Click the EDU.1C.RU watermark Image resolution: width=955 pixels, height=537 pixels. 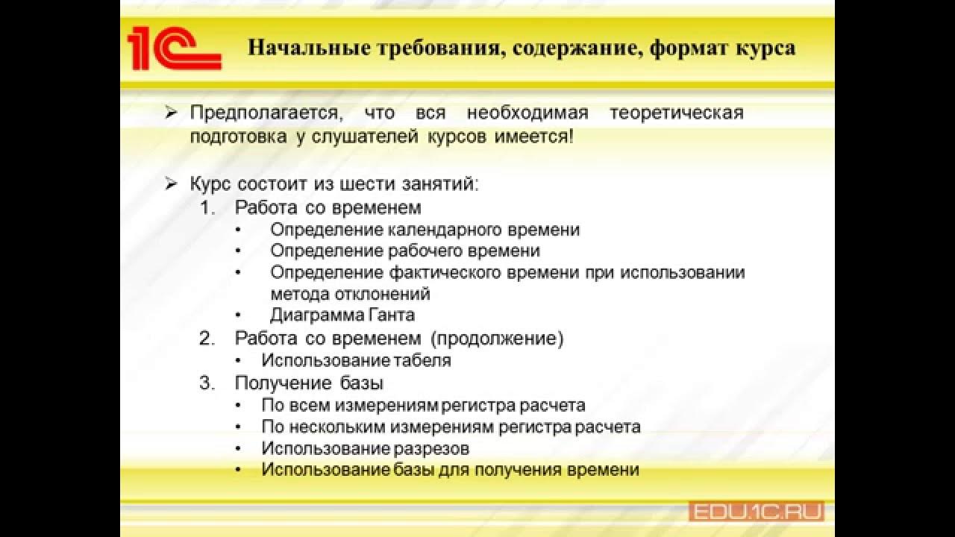(x=755, y=512)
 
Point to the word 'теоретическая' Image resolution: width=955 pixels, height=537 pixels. (x=676, y=113)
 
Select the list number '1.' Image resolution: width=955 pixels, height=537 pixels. (x=207, y=207)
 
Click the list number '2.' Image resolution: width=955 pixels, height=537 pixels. (x=207, y=339)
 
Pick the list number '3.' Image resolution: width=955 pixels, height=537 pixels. (x=207, y=384)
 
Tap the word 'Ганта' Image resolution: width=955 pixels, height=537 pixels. (x=392, y=315)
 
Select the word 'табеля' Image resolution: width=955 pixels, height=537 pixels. (x=423, y=361)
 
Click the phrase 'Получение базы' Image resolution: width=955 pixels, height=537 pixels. (x=309, y=384)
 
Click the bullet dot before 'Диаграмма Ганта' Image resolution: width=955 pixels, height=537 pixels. (x=238, y=315)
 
